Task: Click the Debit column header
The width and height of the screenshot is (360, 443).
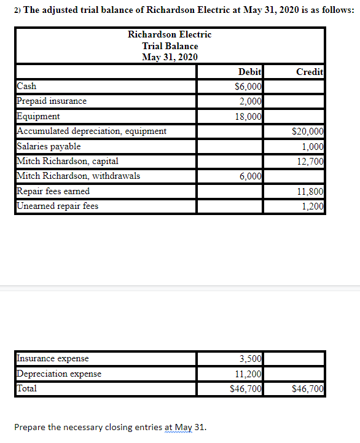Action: click(x=249, y=72)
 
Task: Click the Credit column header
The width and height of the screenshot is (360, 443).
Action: click(x=310, y=72)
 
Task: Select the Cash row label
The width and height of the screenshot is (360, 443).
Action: click(x=26, y=87)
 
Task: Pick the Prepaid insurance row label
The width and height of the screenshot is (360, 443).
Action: click(x=52, y=101)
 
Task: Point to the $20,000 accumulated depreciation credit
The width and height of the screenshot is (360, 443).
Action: click(x=308, y=131)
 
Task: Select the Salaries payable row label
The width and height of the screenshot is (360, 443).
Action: click(x=49, y=146)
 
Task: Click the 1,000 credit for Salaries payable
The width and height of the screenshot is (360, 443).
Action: click(x=313, y=146)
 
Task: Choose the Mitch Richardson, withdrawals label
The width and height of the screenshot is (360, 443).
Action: click(x=78, y=176)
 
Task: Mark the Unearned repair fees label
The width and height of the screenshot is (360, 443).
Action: click(x=57, y=206)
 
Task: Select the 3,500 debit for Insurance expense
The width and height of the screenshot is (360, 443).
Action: click(x=251, y=358)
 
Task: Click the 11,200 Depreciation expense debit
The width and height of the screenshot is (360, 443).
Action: click(x=249, y=374)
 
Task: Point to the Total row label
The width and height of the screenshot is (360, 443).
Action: click(x=27, y=388)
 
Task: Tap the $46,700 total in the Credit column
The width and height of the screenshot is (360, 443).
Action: click(x=308, y=388)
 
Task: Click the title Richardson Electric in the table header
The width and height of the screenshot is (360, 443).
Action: click(x=170, y=34)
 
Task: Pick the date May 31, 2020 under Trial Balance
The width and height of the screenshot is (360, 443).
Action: click(x=170, y=57)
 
